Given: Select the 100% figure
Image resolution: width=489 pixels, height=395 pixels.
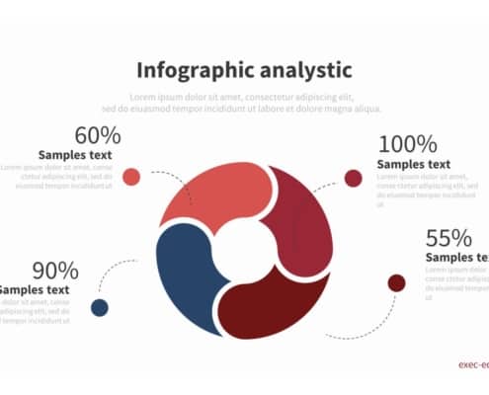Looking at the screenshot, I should (406, 144).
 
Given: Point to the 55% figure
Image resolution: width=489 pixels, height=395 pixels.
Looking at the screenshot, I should (448, 238).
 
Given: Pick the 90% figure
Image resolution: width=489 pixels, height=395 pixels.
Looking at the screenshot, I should (54, 270).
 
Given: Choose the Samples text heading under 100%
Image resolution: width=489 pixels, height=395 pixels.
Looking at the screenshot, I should (414, 164).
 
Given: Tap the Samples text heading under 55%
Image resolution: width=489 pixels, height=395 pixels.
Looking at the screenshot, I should (456, 258).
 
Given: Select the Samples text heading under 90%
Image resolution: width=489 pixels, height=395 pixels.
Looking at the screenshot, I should (35, 289).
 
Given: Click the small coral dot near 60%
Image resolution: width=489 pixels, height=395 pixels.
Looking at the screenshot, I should (131, 177).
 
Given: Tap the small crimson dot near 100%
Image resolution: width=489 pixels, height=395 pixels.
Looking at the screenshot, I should (353, 178).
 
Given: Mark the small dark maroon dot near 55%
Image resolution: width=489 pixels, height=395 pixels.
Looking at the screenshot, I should (396, 283).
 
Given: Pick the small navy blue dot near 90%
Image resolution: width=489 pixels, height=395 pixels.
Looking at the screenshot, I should (100, 307).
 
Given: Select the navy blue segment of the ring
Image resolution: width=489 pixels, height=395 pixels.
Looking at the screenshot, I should (184, 267).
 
